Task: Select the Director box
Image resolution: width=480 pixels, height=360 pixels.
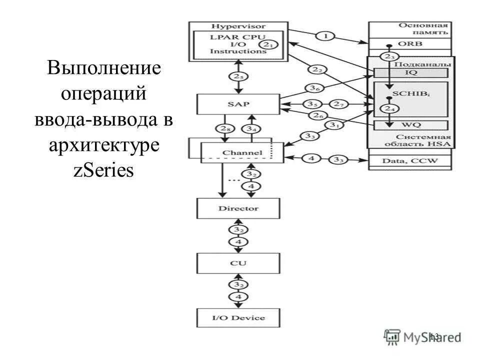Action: coord(238,208)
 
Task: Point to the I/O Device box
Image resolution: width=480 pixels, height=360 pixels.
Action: coord(238,317)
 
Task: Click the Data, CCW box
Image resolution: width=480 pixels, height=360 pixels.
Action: coord(409,161)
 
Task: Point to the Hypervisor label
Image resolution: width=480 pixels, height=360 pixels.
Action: coord(238,26)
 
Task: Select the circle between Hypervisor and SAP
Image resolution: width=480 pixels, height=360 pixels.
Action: coord(238,77)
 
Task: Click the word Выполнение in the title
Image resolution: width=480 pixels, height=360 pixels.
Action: coord(104,68)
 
